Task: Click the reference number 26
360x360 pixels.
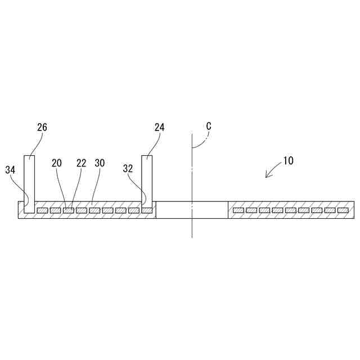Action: tap(42, 127)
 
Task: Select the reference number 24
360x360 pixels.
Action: tap(159, 127)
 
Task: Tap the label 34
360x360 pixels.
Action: tap(11, 169)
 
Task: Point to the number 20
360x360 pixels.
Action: tap(57, 163)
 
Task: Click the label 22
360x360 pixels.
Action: tap(82, 163)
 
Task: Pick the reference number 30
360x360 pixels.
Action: tap(100, 163)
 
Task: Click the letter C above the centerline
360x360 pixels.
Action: tap(208, 127)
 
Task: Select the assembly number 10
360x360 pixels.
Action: tap(287, 160)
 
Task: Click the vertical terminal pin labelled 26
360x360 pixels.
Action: tap(29, 180)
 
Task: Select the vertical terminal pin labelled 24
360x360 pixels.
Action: tap(147, 180)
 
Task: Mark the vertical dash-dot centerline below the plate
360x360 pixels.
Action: tap(191, 228)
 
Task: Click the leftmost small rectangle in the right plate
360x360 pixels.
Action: tap(238, 210)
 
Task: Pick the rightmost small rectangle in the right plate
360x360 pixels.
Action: tap(343, 210)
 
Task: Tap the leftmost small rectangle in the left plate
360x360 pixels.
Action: tap(42, 210)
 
